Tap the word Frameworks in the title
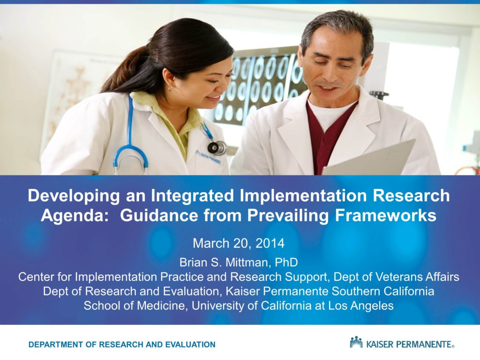coord(385,215)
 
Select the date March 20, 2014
coord(239,243)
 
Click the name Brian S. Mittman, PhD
coord(239,262)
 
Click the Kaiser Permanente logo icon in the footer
coord(356,343)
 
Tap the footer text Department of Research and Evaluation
coord(122,345)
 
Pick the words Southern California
coord(382,291)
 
